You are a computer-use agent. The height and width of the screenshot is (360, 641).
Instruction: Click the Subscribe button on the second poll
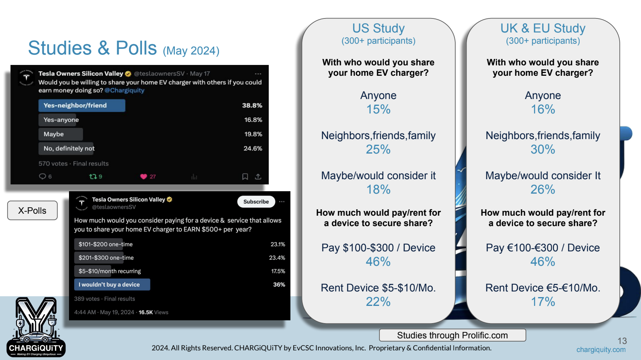(256, 202)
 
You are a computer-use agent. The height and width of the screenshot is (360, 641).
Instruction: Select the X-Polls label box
(32, 210)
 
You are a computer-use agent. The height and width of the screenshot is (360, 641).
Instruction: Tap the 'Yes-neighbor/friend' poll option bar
(82, 105)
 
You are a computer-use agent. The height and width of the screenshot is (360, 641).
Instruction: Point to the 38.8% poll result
(252, 105)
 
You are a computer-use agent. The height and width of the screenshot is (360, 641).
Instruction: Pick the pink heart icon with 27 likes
(143, 176)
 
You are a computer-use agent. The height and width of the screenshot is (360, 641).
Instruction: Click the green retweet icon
(93, 176)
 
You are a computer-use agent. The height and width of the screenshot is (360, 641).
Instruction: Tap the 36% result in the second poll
(279, 285)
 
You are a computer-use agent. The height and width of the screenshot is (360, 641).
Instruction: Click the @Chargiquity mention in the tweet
(124, 90)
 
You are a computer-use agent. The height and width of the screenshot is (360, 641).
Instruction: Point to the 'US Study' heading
(378, 28)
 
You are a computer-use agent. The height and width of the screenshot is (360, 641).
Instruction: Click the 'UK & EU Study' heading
(543, 28)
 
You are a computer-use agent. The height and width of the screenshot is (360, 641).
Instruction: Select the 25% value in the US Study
(378, 149)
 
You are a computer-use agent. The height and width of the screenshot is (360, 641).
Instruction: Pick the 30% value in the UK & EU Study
(543, 149)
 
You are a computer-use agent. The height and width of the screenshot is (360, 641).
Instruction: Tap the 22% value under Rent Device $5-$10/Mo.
(378, 301)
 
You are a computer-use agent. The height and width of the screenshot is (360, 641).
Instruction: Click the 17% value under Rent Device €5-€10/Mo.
(543, 301)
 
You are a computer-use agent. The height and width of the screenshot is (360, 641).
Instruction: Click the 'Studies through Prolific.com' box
(452, 335)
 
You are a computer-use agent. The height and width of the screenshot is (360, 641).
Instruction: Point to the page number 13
(622, 341)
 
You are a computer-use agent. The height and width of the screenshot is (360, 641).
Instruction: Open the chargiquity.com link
(601, 350)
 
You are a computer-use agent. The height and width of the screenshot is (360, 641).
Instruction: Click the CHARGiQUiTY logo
(36, 328)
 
